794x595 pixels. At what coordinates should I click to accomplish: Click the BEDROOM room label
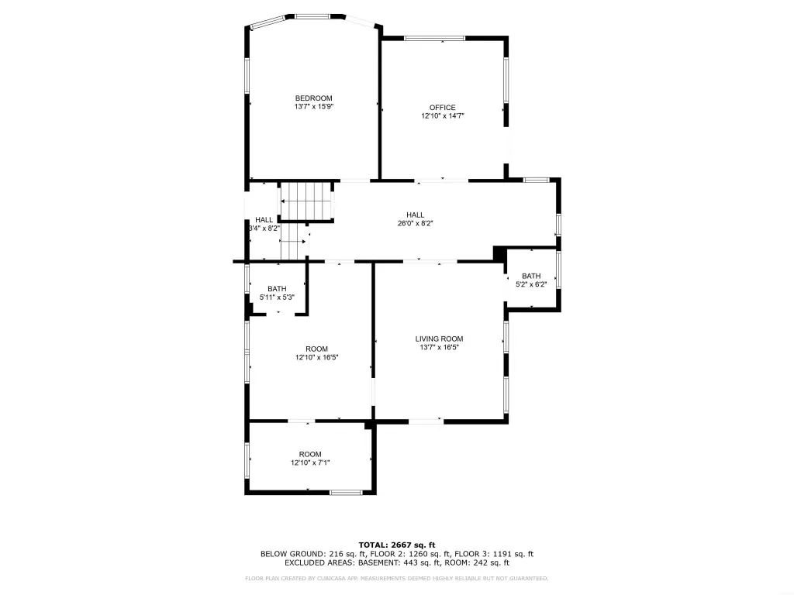tap(313, 98)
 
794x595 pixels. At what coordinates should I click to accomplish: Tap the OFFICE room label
tap(443, 107)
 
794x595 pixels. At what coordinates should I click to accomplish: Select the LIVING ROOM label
tap(439, 339)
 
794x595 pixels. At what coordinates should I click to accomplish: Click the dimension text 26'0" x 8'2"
tap(416, 223)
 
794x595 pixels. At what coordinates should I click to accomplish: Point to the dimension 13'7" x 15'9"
tap(314, 107)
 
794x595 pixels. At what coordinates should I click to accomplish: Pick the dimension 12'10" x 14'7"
tap(443, 116)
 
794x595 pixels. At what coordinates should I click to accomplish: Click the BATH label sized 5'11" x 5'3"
tap(277, 289)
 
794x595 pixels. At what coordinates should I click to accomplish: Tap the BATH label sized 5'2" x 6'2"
tap(531, 277)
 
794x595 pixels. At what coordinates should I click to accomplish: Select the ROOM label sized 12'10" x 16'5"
tap(316, 349)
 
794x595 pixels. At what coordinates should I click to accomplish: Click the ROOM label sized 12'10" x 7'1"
tap(310, 454)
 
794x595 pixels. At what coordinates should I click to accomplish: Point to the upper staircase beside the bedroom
tap(306, 201)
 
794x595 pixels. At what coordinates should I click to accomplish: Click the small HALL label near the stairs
tap(264, 220)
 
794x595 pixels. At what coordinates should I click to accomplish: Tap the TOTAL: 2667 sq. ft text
tap(397, 545)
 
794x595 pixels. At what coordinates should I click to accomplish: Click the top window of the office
tap(434, 38)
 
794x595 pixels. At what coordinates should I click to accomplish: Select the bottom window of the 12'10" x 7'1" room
tap(346, 492)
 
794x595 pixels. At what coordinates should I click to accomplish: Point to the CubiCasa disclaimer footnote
tap(396, 578)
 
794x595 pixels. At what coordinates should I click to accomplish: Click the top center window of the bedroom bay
tap(312, 17)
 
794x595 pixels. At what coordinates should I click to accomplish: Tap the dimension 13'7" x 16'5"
tap(439, 348)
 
